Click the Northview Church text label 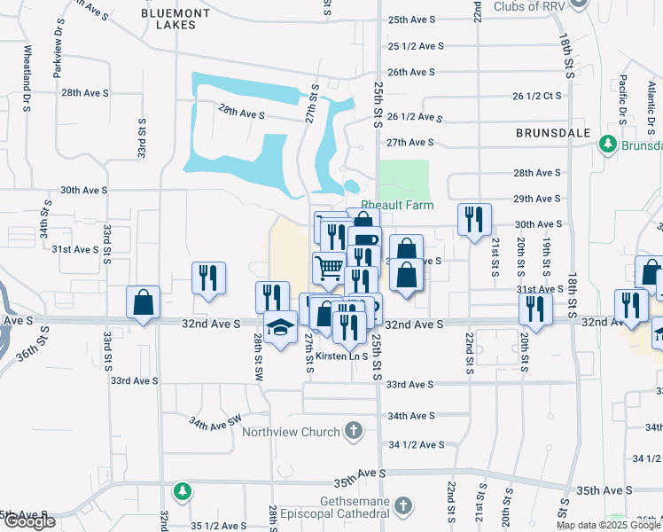292,432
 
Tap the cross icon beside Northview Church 354,432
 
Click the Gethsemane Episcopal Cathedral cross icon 403,506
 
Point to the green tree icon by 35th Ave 182,490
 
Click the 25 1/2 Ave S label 415,46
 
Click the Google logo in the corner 28,521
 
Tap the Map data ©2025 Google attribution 608,525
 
